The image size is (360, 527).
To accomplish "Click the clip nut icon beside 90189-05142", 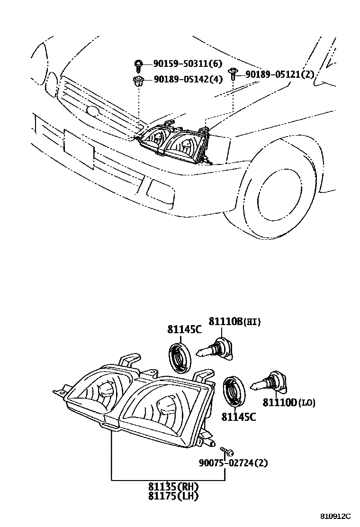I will click(138, 80).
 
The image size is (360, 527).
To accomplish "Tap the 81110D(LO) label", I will click(289, 403).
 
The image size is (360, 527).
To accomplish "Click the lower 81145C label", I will click(239, 417).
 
